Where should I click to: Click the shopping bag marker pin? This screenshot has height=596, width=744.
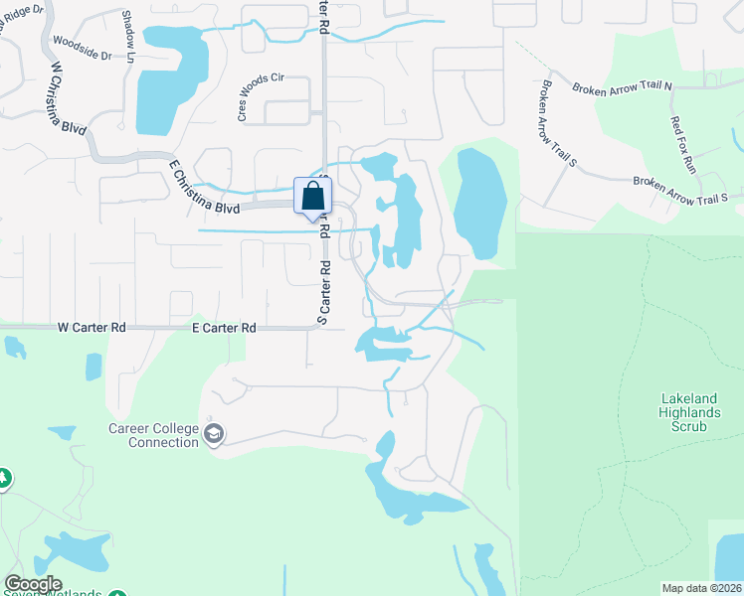click(312, 197)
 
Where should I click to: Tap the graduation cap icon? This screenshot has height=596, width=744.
click(214, 434)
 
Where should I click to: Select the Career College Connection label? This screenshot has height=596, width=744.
click(153, 435)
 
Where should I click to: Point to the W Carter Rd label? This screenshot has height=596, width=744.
click(92, 327)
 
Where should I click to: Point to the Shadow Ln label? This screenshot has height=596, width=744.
click(128, 36)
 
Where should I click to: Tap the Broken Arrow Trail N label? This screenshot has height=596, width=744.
click(622, 87)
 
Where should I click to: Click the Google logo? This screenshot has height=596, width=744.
click(33, 584)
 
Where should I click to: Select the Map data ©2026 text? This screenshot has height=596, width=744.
click(701, 588)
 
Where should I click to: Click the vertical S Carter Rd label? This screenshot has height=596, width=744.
click(322, 292)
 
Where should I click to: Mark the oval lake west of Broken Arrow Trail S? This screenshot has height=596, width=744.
click(480, 204)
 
